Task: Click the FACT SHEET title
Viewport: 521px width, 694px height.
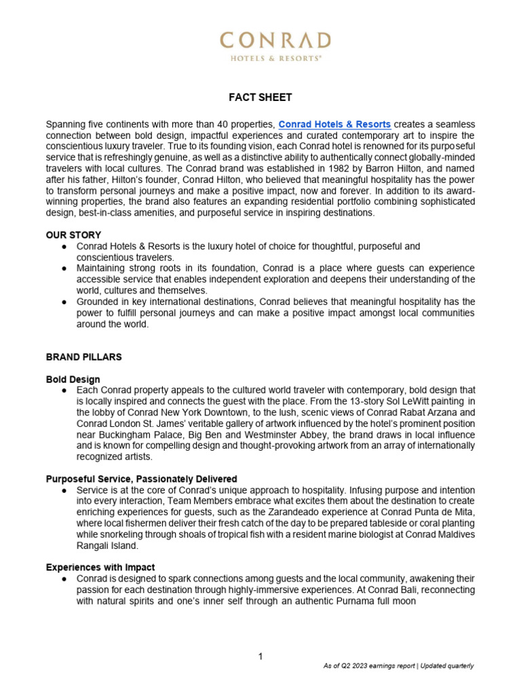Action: (260, 98)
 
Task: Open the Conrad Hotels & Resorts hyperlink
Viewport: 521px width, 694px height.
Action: (334, 124)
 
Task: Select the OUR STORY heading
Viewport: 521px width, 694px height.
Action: (73, 234)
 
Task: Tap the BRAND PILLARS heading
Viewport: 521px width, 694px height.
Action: (83, 356)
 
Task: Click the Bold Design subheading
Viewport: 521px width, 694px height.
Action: (73, 380)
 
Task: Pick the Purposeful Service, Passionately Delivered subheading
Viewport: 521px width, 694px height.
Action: (141, 478)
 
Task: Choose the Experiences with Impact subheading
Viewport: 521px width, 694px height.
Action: (101, 567)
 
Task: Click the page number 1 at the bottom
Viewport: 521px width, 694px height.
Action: (260, 656)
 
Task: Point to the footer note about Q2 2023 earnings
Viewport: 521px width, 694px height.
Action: (398, 666)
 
